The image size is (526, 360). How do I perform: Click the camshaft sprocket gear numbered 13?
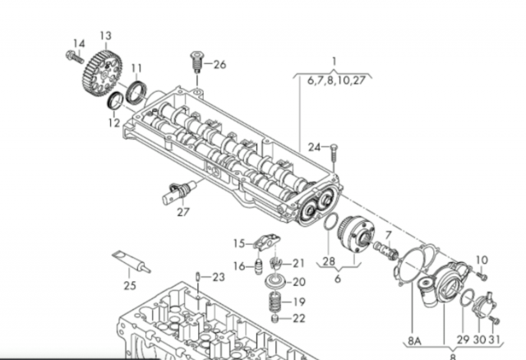[x=102, y=73]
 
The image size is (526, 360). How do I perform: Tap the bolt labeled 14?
[x=75, y=58]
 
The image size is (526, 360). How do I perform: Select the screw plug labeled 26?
[x=196, y=62]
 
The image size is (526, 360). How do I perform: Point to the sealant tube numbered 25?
[x=131, y=261]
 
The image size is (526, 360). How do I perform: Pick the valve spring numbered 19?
[x=275, y=302]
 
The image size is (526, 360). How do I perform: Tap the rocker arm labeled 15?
[x=267, y=242]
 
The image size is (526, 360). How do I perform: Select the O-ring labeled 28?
[x=330, y=222]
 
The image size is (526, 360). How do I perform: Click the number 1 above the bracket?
[x=334, y=62]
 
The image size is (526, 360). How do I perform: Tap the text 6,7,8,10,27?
[x=336, y=81]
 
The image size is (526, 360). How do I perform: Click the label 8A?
[x=414, y=341]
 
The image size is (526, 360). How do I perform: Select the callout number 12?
[x=114, y=122]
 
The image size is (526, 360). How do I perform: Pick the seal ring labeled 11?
[x=136, y=92]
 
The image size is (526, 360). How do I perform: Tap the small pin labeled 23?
[x=198, y=277]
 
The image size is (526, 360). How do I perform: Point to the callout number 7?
[x=389, y=235]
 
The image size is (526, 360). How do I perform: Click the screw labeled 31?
[x=494, y=320]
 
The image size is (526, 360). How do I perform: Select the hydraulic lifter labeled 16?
[x=259, y=267]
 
